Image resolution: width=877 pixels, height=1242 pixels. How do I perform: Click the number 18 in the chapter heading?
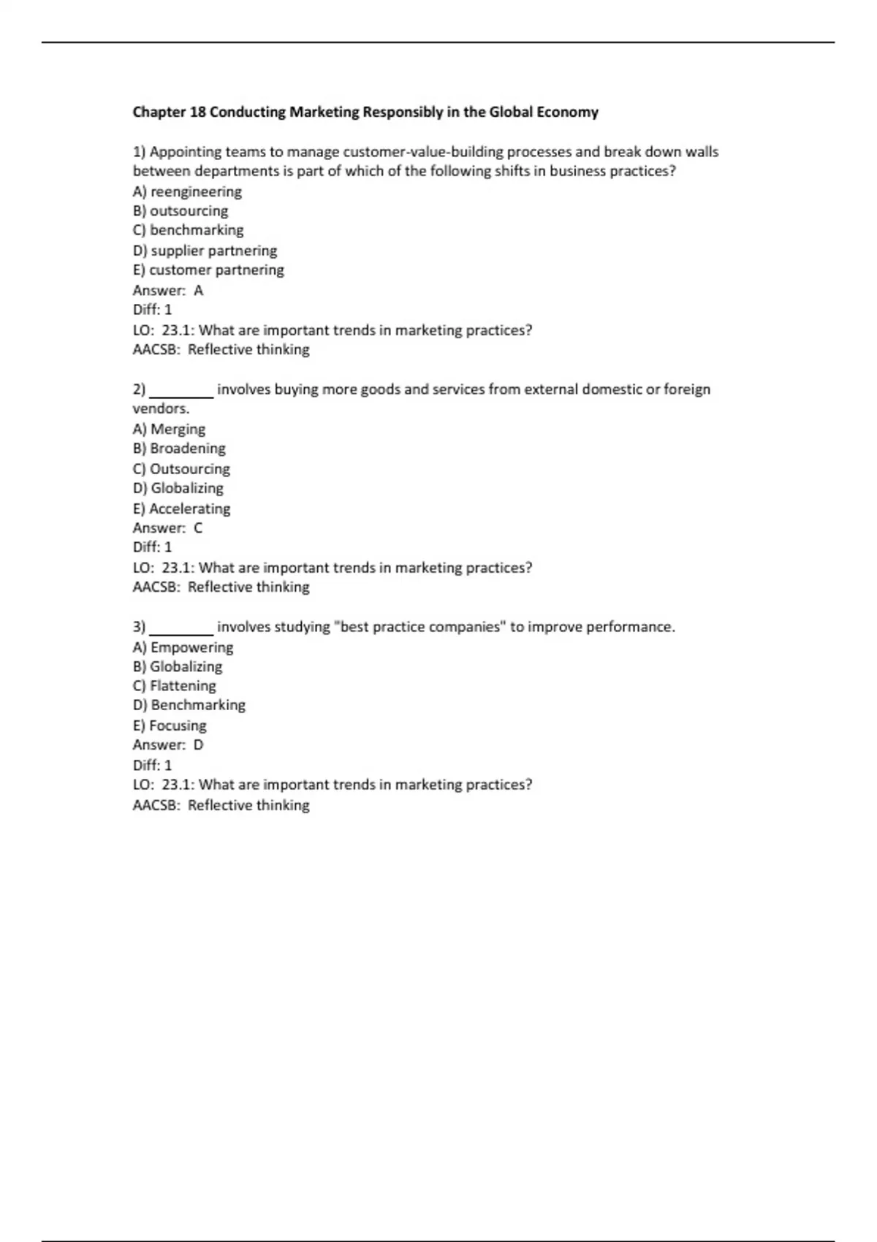coord(197,113)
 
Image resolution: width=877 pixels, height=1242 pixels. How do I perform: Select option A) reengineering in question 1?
coord(187,191)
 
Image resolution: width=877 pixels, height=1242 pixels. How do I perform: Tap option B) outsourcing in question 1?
coord(181,211)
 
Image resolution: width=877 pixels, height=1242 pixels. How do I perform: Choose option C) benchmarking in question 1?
coord(188,230)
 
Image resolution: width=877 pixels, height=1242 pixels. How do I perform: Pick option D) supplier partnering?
coord(205,251)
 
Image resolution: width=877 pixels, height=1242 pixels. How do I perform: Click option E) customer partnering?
coord(208,270)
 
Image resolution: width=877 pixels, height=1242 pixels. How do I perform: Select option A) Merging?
coord(169,429)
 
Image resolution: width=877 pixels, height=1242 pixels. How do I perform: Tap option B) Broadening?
coord(179,449)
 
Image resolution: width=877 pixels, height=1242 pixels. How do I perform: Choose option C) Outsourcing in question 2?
coord(181,469)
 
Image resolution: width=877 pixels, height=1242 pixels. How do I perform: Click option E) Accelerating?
coord(181,508)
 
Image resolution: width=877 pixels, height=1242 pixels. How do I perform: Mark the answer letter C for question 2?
coord(198,528)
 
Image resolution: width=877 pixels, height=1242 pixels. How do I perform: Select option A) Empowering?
coord(183,647)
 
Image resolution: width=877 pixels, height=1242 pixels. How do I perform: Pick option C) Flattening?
coord(175,686)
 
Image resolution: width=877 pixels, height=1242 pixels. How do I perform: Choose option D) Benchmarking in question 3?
coord(189,705)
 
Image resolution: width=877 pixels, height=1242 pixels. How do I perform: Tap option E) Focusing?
coord(170,725)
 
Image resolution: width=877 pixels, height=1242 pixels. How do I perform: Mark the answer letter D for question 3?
coord(198,745)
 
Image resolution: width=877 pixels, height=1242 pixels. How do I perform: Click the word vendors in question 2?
coord(160,409)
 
